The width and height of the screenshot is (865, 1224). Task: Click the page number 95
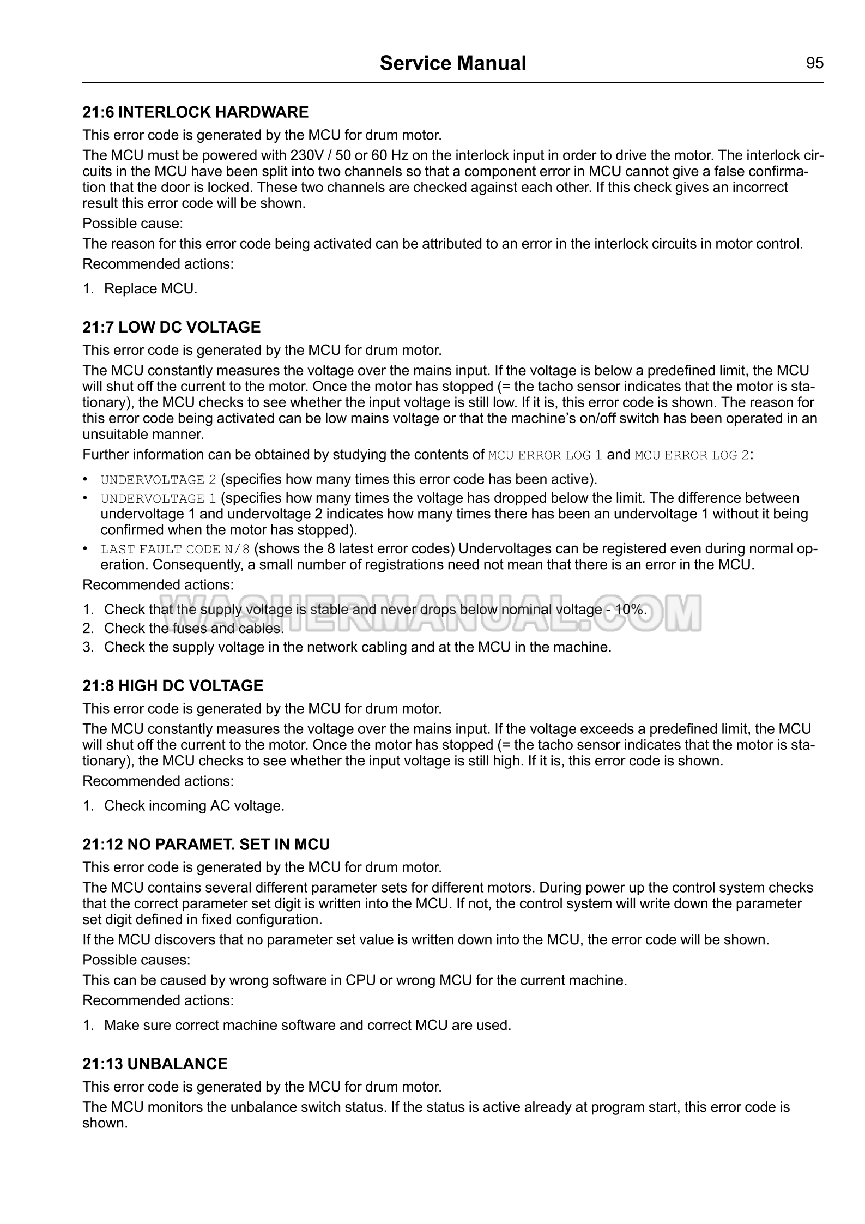[814, 63]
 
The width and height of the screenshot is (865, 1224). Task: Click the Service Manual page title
[452, 63]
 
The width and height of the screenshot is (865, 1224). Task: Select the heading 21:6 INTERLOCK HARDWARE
[195, 112]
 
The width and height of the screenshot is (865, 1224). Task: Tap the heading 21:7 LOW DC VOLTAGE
[171, 327]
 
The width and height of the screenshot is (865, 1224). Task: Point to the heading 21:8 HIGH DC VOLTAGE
[172, 686]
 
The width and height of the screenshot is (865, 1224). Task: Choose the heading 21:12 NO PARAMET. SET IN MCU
[206, 845]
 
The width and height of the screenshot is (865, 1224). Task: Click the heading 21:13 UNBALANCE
[155, 1064]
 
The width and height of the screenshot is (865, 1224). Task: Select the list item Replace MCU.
[150, 288]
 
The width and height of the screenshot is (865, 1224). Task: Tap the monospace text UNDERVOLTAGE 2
[159, 480]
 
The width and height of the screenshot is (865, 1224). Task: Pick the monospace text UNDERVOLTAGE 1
[159, 498]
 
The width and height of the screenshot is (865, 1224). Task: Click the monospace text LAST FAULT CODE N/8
[175, 549]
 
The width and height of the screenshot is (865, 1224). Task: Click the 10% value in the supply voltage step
[630, 610]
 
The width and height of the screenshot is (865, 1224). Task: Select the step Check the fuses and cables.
[193, 629]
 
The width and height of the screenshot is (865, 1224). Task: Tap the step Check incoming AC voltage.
[193, 806]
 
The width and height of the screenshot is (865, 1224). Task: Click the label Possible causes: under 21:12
[136, 960]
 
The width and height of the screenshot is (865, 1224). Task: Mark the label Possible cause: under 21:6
[132, 224]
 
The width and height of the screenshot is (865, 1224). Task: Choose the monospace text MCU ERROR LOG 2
[692, 455]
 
